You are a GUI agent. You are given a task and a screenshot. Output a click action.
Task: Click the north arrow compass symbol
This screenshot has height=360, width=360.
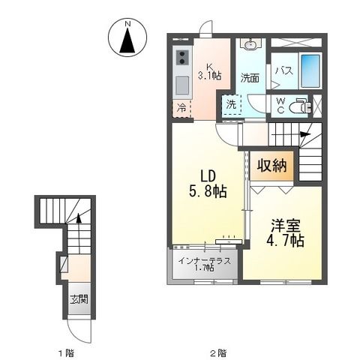coord(127,41)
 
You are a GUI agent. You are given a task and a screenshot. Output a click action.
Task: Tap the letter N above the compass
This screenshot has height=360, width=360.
coord(127,24)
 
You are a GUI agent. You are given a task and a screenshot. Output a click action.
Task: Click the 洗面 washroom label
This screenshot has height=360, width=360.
coord(250,77)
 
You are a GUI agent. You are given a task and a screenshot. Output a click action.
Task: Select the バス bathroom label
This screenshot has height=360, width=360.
coord(283,70)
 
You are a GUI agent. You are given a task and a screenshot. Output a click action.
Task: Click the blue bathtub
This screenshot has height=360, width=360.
coord(310,73)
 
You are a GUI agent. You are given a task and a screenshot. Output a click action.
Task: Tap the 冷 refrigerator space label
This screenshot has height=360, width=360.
coord(181,107)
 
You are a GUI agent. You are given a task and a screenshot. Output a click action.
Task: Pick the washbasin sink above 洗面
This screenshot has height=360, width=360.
coord(250,44)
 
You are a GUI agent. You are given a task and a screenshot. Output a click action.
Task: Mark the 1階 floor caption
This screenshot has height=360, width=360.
coord(67,351)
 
